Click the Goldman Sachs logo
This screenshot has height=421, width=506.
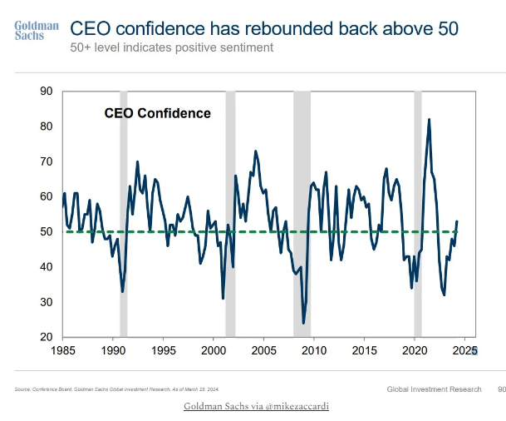36,31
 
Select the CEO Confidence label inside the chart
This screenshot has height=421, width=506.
157,113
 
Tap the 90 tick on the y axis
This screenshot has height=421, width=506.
46,92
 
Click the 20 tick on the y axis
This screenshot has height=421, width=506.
46,337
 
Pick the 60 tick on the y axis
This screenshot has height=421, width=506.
46,196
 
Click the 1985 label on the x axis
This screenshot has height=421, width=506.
63,351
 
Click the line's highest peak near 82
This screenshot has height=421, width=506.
429,120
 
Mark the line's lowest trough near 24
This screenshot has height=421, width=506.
303,322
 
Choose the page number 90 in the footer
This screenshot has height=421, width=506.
501,389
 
